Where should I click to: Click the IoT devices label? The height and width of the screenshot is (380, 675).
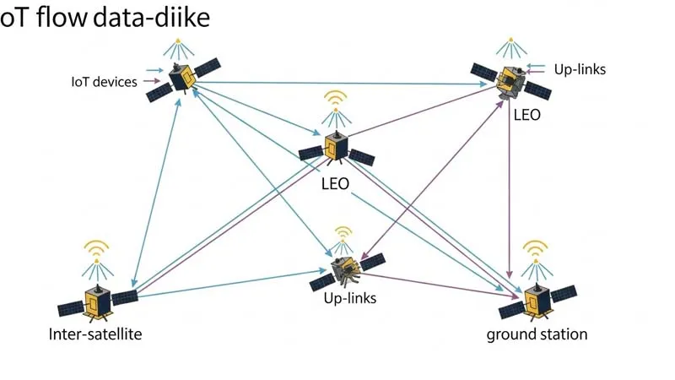click(104, 82)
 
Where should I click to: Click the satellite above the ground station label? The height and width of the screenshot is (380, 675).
click(536, 301)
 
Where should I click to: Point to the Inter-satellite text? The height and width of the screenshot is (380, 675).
click(95, 334)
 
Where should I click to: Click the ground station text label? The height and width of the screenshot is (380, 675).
click(537, 334)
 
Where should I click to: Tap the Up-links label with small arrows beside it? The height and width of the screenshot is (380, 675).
click(580, 68)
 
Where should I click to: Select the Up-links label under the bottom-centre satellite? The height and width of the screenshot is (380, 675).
click(349, 298)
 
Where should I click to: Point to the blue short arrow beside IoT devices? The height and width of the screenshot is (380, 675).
click(154, 71)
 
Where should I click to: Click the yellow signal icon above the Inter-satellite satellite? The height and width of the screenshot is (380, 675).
click(97, 249)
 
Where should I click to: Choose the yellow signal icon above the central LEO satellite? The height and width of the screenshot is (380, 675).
click(336, 99)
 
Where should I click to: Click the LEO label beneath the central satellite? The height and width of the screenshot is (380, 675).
click(335, 183)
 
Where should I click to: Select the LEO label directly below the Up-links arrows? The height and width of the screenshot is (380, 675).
click(526, 114)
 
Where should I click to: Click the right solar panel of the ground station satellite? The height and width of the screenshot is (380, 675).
click(563, 296)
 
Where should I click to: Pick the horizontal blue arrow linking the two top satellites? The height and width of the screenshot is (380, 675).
click(337, 83)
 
